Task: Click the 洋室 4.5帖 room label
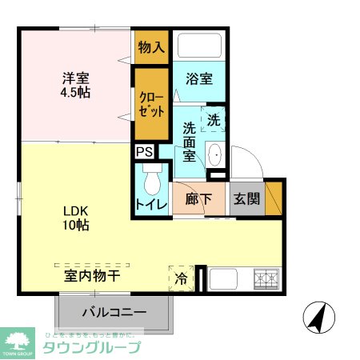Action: tap(77, 86)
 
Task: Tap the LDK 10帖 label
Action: tap(77, 218)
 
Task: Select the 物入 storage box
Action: tap(151, 47)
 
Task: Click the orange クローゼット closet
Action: tap(151, 105)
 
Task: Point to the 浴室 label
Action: tap(199, 79)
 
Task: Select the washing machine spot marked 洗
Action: tap(214, 120)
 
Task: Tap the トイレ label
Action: tap(151, 204)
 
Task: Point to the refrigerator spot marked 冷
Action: tap(182, 279)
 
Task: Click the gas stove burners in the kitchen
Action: tap(265, 279)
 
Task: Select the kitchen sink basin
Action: tap(223, 280)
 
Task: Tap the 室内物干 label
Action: tap(92, 277)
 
